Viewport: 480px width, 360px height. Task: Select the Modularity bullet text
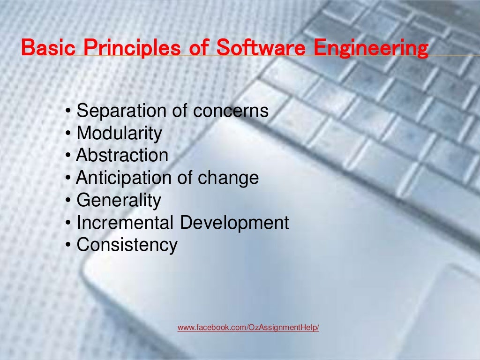click(x=119, y=134)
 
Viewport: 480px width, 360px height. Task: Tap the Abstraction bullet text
click(x=122, y=156)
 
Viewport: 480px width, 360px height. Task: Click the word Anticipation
click(x=124, y=178)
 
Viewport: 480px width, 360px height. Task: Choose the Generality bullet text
click(x=119, y=201)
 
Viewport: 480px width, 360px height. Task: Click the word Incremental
click(x=126, y=223)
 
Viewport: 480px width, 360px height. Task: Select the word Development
click(x=235, y=223)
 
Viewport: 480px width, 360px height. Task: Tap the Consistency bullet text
click(x=127, y=245)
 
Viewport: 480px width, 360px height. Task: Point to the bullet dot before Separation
click(x=69, y=112)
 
